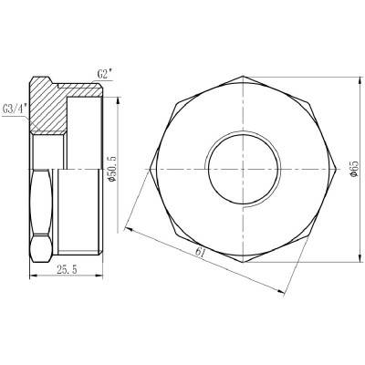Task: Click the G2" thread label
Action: click(x=105, y=70)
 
